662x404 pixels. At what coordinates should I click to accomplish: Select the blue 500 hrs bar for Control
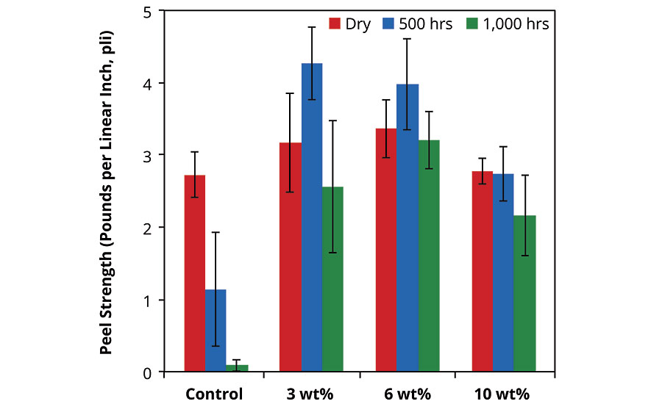coord(216,331)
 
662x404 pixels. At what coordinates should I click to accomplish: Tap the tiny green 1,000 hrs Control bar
coord(237,368)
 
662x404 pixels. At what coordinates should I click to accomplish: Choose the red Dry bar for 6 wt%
coord(386,250)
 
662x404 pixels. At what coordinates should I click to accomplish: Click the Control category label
coord(213,394)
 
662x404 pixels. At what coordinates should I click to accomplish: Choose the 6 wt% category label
coord(407,394)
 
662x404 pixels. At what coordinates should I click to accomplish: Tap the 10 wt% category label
coord(502,394)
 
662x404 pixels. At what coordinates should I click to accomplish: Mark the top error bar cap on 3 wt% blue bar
coord(312,27)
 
